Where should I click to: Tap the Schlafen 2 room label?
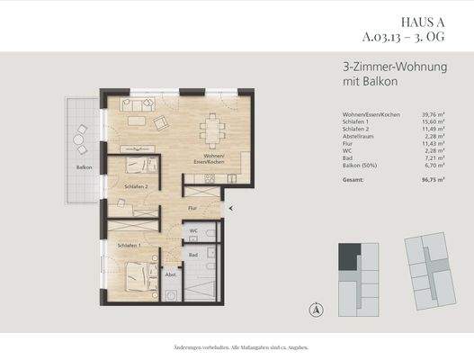(x=124, y=187)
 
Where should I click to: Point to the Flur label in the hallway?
(x=192, y=208)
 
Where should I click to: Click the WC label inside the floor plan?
(x=192, y=230)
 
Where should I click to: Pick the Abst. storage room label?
(x=171, y=275)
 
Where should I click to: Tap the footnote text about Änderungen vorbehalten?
(x=237, y=346)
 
